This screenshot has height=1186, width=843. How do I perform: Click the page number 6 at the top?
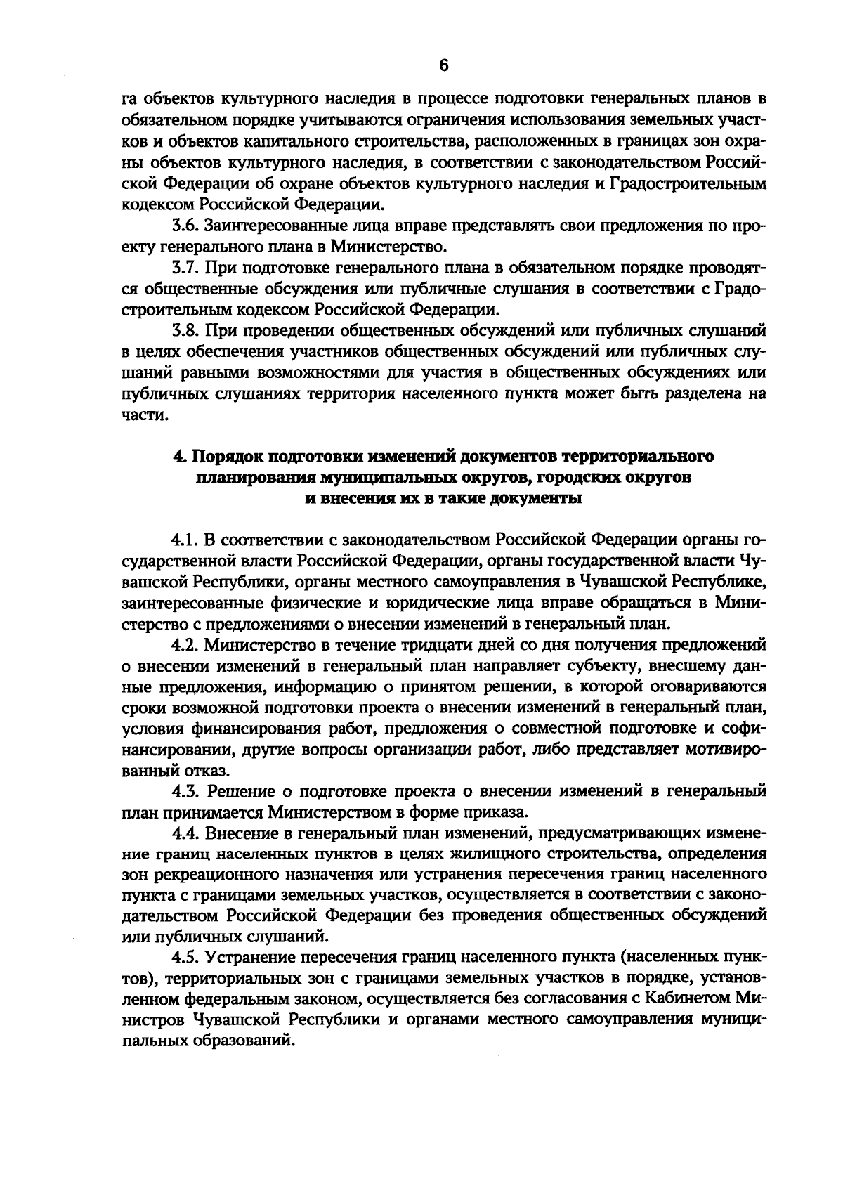point(443,65)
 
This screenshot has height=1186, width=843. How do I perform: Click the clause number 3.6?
point(186,227)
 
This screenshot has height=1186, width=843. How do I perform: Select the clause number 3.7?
point(186,268)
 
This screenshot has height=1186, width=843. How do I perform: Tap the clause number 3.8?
point(186,330)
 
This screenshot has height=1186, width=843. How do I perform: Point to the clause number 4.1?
point(186,540)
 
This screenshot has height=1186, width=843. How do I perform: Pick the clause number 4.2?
point(186,644)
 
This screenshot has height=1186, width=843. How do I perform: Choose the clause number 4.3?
point(186,792)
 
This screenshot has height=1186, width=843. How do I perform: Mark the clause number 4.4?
point(186,833)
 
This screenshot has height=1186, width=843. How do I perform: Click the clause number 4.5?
point(186,958)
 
